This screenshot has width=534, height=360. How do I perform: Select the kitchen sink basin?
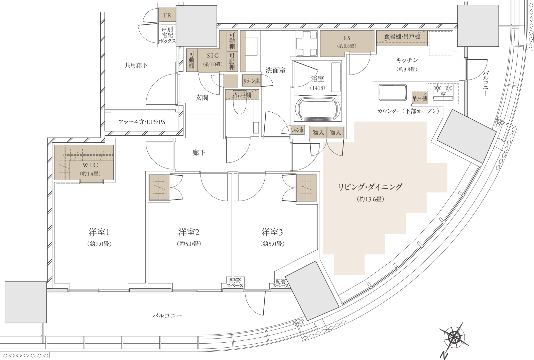click(x=393, y=93)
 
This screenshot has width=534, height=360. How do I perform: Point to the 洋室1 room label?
click(x=99, y=232)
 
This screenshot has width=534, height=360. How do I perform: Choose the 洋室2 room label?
click(x=189, y=232)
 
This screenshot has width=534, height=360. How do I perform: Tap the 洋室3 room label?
click(x=272, y=232)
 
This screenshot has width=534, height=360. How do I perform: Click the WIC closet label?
click(x=90, y=165)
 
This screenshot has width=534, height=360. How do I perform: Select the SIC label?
click(x=213, y=56)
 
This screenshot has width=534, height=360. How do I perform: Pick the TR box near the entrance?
click(x=167, y=15)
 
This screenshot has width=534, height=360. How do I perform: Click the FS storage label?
click(x=347, y=38)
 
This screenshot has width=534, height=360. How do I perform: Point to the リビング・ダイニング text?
click(x=370, y=187)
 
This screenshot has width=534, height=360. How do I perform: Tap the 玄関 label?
click(x=202, y=98)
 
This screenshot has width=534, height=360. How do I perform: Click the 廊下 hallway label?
click(x=199, y=152)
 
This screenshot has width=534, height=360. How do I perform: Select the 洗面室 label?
click(x=276, y=70)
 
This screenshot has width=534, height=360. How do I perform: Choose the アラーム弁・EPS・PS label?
click(x=142, y=122)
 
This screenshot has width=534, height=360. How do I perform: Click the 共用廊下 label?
click(x=136, y=65)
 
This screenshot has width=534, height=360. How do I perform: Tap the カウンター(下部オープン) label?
click(x=408, y=111)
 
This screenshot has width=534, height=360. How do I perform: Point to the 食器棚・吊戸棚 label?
click(x=402, y=36)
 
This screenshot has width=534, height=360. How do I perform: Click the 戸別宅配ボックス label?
click(x=167, y=35)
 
